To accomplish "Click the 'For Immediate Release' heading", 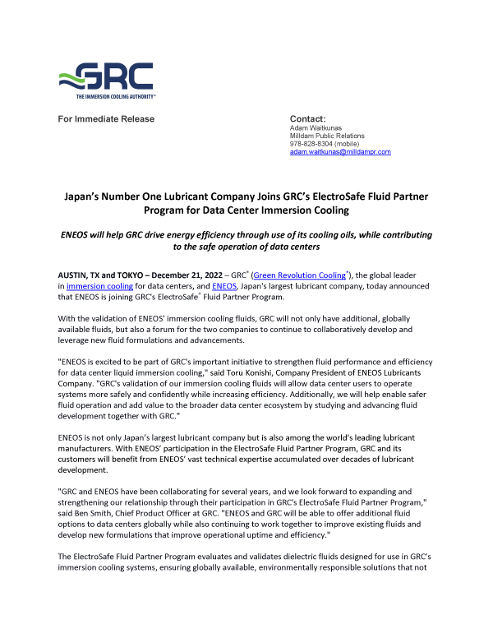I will coord(106,119).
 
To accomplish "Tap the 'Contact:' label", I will coord(308,119).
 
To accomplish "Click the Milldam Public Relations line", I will coord(328,136).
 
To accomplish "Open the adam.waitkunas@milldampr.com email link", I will coord(340,152).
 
